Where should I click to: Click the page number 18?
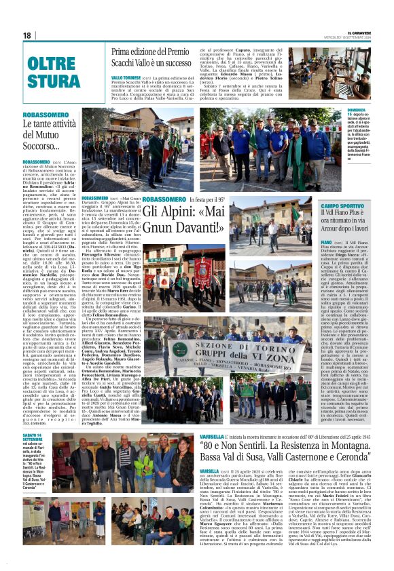[26, 35]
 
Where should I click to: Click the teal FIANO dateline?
[325, 241]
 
